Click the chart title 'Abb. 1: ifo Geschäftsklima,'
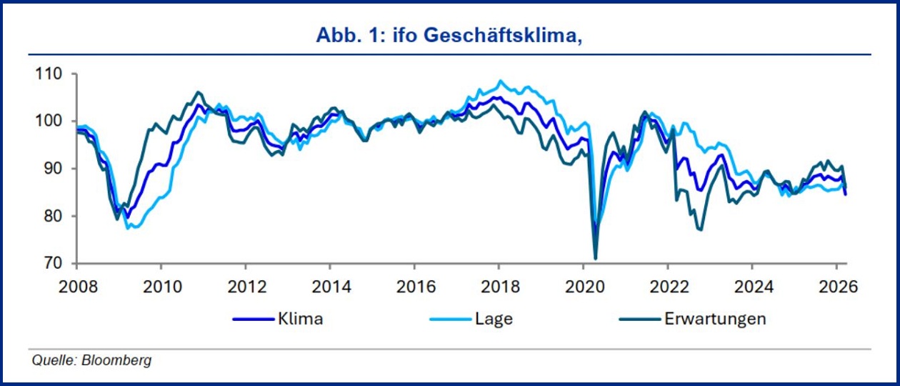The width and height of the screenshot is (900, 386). click(x=450, y=36)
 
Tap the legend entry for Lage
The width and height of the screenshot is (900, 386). click(x=494, y=319)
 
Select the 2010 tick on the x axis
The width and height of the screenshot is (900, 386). click(x=161, y=287)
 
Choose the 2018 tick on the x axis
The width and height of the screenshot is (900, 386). click(x=499, y=287)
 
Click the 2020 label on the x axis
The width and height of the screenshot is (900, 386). click(x=583, y=287)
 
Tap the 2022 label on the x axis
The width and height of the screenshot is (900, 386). click(x=667, y=287)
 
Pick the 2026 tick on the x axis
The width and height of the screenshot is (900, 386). click(x=836, y=287)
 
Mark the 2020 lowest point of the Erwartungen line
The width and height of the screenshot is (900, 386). click(x=596, y=258)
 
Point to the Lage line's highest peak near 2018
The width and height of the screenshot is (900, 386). click(x=500, y=81)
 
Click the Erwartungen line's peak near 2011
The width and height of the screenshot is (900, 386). click(x=199, y=91)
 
